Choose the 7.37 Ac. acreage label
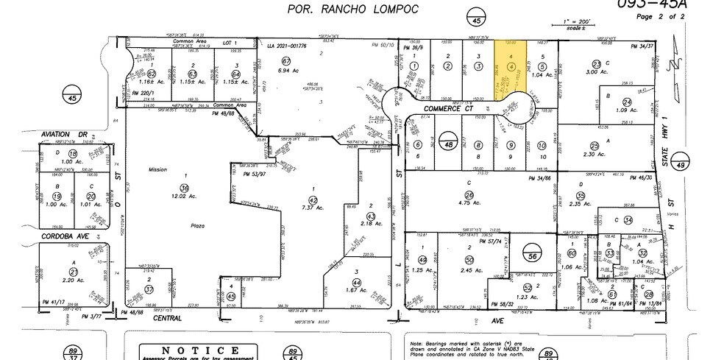click(313, 207)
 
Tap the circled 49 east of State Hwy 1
click(681, 166)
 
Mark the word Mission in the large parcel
click(157, 169)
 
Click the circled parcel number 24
click(627, 102)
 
